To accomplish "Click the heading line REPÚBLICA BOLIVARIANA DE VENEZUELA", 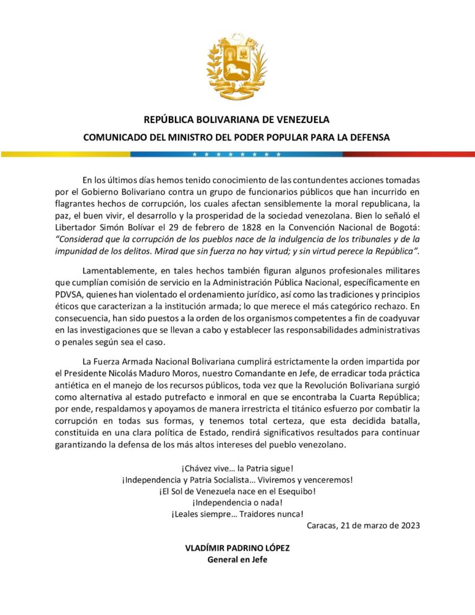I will [237, 120].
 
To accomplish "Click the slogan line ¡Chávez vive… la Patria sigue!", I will [237, 468].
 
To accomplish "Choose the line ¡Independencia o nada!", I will [237, 503].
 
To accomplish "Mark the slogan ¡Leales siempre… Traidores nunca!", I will [237, 514].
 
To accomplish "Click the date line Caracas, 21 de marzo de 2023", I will [363, 526].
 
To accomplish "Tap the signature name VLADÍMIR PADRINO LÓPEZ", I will [237, 549].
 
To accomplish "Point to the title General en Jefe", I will [237, 561].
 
